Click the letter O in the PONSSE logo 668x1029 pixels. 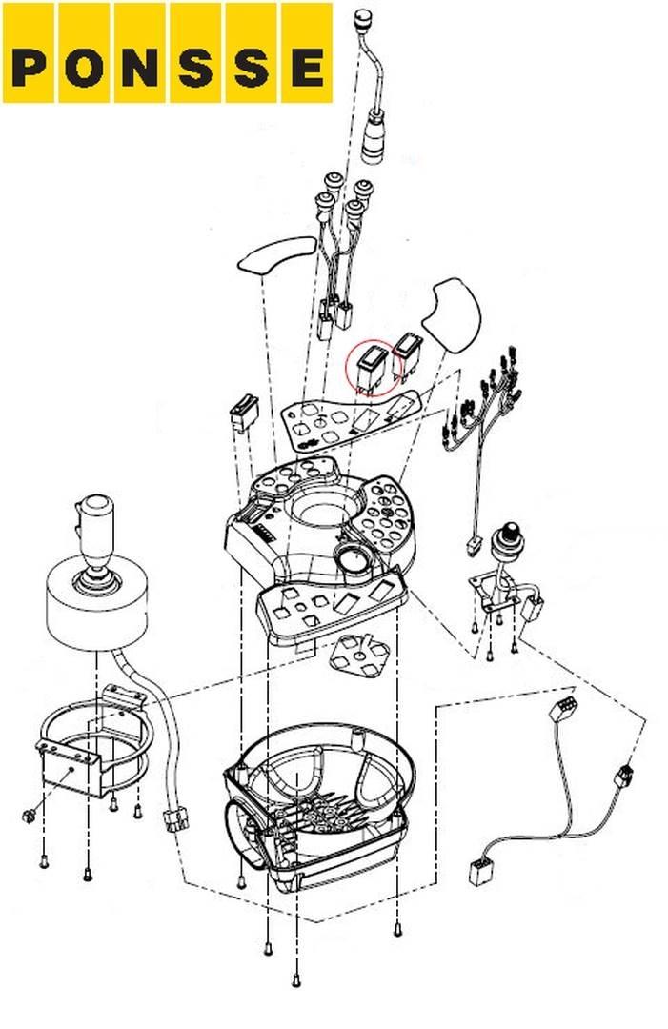coord(84,69)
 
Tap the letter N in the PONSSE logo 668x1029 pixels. coord(139,69)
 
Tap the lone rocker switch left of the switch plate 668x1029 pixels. coord(243,414)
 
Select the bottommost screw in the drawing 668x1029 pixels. coord(296,980)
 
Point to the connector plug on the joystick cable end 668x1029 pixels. coord(175,820)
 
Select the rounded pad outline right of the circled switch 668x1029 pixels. coord(453,316)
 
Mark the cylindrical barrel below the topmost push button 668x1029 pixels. coord(374,138)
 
